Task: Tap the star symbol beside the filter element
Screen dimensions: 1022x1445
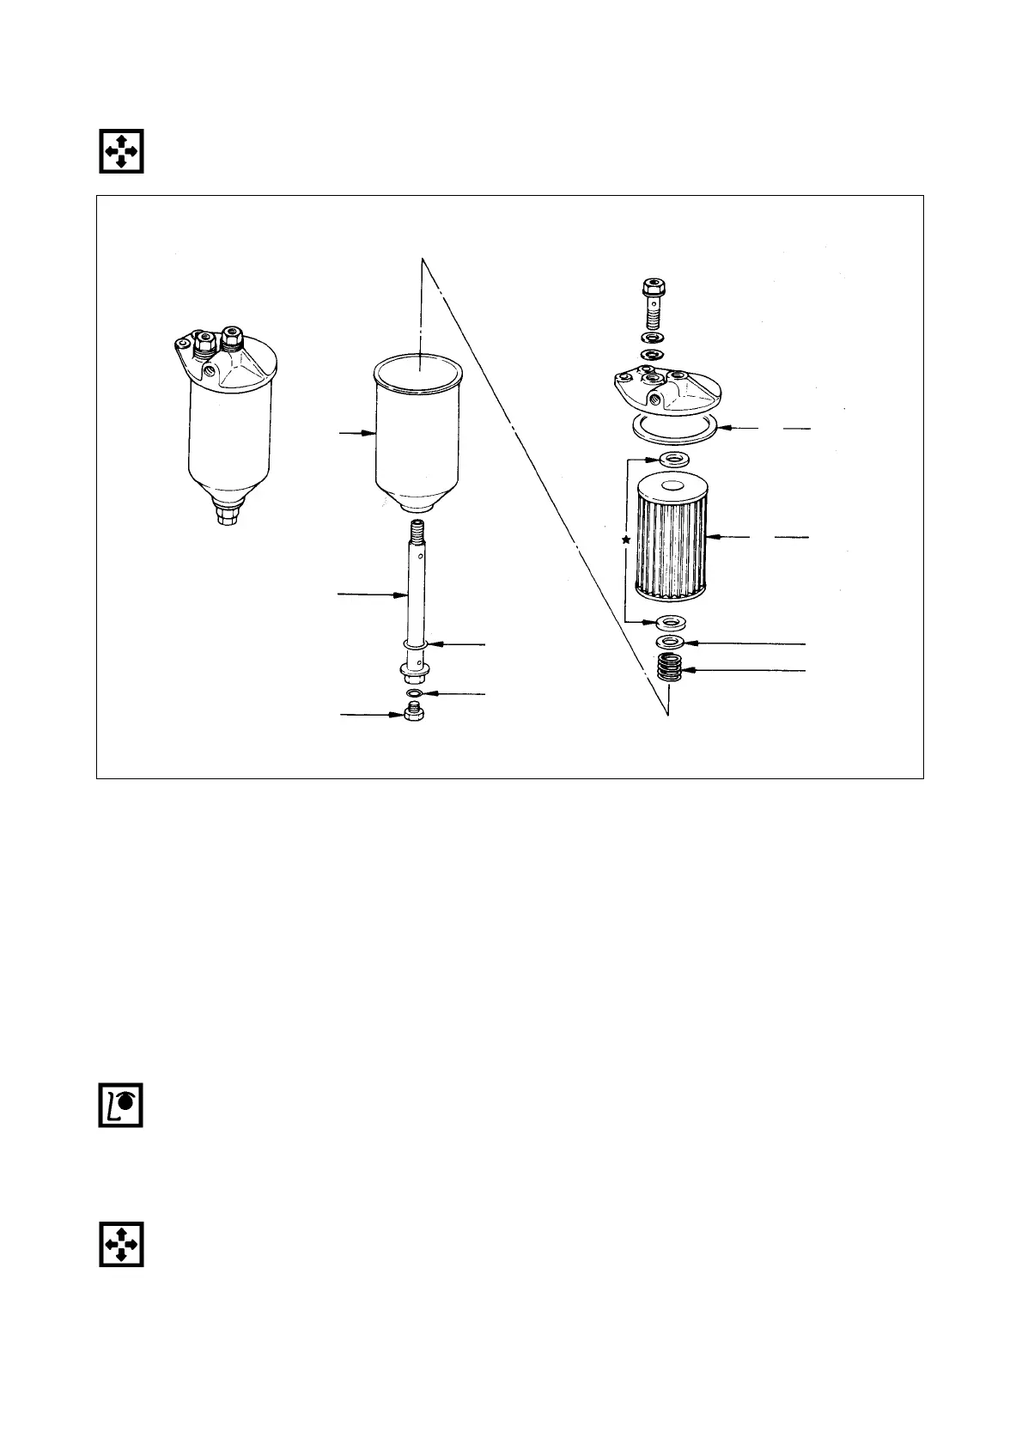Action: (626, 540)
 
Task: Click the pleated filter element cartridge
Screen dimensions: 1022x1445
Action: (670, 536)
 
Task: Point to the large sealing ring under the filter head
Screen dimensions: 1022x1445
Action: (673, 427)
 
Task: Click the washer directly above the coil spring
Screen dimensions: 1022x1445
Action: (671, 642)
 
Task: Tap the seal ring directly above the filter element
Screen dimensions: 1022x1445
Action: (671, 454)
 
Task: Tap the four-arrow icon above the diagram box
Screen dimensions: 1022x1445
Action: (120, 151)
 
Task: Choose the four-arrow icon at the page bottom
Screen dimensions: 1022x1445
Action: (120, 1243)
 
